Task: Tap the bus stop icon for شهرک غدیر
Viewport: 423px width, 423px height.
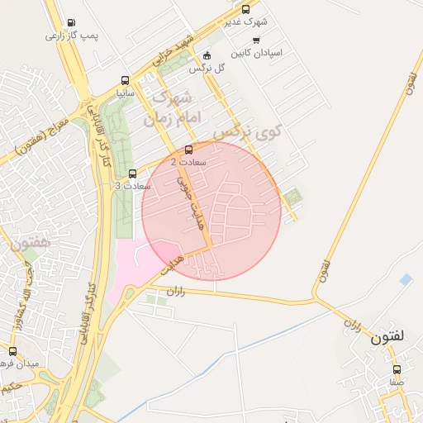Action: (245, 9)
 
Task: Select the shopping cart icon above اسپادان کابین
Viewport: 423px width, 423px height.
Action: (255, 40)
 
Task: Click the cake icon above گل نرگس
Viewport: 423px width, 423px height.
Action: (207, 55)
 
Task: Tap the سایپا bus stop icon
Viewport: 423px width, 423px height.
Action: (125, 81)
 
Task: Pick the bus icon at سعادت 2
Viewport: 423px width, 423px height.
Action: (189, 150)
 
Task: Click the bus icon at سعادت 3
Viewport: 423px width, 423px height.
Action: (133, 173)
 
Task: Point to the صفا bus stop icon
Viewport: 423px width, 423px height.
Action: (397, 369)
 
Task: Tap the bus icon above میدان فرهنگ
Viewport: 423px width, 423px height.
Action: (12, 351)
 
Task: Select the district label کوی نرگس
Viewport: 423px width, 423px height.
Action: (247, 131)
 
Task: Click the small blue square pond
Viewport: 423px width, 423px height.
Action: (405, 280)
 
